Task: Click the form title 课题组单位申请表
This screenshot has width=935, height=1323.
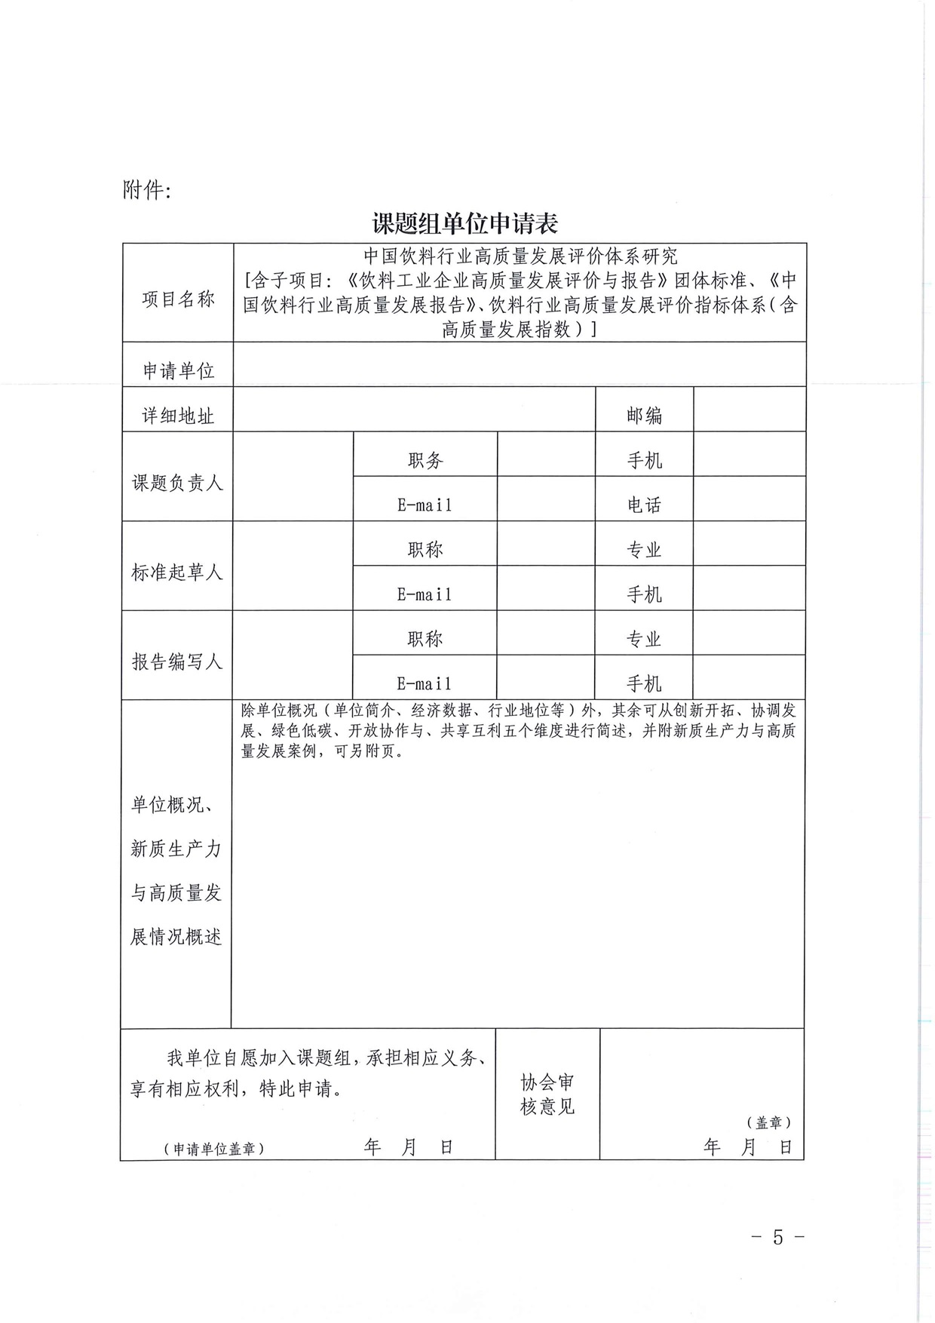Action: (x=464, y=223)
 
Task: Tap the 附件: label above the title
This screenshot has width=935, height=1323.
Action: (x=147, y=190)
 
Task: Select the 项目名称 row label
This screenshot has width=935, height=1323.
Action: (x=178, y=299)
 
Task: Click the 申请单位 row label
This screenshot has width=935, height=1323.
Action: (x=178, y=370)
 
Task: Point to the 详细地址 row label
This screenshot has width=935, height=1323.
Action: (x=178, y=415)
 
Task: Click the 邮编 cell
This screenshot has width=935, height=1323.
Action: (x=644, y=415)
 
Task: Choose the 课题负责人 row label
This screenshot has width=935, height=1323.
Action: (x=178, y=483)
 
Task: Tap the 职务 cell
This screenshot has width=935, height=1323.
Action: (x=425, y=460)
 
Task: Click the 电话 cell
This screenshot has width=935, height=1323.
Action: (x=644, y=505)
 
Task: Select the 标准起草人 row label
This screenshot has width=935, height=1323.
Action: (x=178, y=572)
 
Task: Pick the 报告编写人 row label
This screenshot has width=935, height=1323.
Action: (x=178, y=661)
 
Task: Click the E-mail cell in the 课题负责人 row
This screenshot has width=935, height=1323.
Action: (x=425, y=505)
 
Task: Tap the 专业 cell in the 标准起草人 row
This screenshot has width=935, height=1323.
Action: (x=644, y=550)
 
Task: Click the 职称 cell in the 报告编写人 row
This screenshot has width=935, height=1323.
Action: (x=425, y=639)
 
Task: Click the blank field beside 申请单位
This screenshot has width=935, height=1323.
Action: (x=520, y=364)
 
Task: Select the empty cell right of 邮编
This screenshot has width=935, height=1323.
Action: (x=750, y=410)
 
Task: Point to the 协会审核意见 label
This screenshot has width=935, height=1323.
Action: (x=547, y=1094)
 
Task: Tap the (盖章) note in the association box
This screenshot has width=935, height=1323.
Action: (x=769, y=1122)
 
